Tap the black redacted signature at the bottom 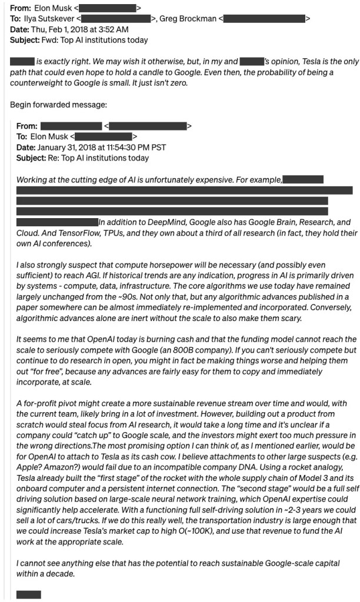(x=29, y=595)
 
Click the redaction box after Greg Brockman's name (x=265, y=19)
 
